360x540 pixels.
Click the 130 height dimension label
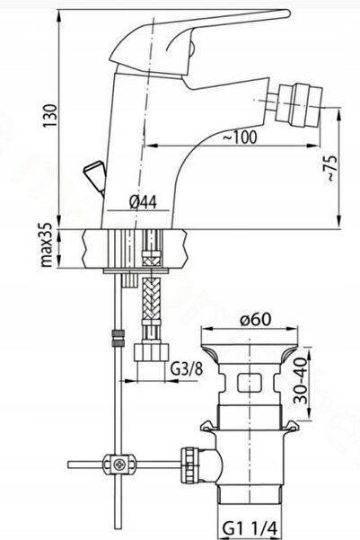click(50, 115)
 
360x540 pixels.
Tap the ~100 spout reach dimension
click(240, 137)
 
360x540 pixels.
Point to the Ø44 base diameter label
click(143, 202)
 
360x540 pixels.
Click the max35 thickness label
click(47, 245)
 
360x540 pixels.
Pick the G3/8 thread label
click(187, 370)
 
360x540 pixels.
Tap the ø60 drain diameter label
click(256, 319)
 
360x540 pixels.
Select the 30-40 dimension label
click(300, 380)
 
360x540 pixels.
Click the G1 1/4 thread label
click(250, 528)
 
